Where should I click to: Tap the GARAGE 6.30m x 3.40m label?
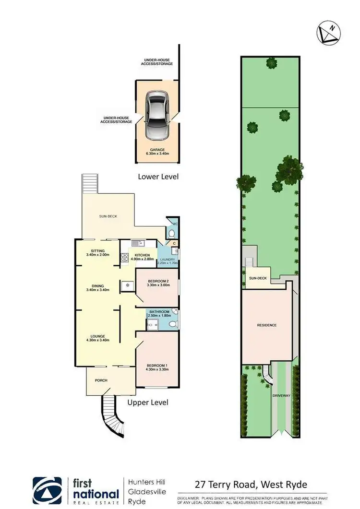pyautogui.click(x=157, y=152)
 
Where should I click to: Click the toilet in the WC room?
pyautogui.click(x=171, y=233)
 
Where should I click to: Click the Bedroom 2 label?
pyautogui.click(x=157, y=283)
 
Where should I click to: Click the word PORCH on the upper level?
pyautogui.click(x=101, y=380)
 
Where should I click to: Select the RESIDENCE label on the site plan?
pyautogui.click(x=267, y=325)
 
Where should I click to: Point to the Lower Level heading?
pyautogui.click(x=158, y=177)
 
